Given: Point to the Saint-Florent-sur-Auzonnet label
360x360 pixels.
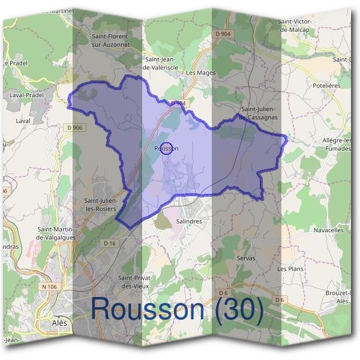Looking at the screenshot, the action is [x=115, y=40].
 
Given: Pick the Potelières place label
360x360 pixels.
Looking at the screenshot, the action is [x=326, y=86].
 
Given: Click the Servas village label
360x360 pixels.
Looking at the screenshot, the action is [x=245, y=258].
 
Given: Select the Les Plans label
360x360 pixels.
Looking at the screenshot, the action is [x=290, y=269].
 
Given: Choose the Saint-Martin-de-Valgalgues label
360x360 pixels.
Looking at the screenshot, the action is [x=61, y=233].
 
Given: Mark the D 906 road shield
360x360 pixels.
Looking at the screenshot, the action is [x=75, y=127].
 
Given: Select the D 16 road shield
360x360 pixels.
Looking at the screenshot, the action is [x=109, y=243].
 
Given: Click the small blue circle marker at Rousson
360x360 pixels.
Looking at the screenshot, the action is [x=167, y=148].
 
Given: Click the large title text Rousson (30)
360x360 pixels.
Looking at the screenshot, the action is [x=177, y=309].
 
